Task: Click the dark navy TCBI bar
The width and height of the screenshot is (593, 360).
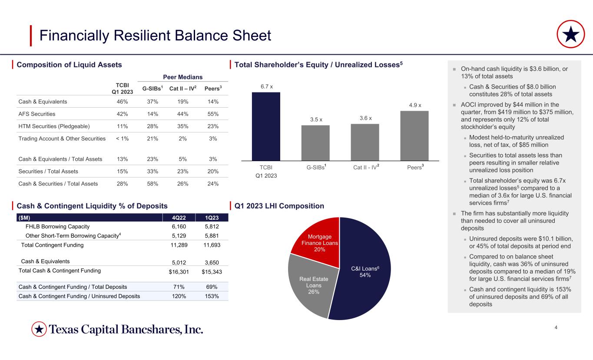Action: [x=266, y=126]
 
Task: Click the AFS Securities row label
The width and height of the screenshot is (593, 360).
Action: [x=37, y=114]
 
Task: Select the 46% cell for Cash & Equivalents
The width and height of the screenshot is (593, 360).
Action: [x=123, y=102]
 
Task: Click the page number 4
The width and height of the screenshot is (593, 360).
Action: [x=557, y=327]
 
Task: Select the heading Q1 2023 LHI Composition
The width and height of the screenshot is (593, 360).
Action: [x=279, y=206]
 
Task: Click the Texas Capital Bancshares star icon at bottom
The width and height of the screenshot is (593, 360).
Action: [x=39, y=330]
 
